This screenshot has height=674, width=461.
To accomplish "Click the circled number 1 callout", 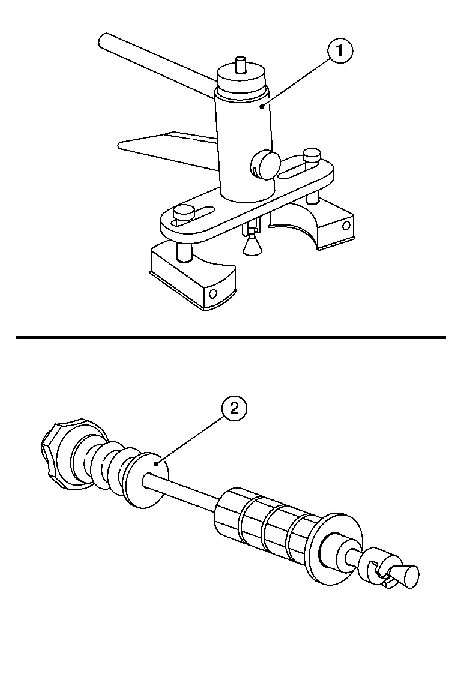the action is pos(340,51).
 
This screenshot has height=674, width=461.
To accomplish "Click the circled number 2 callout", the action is pos(234,408).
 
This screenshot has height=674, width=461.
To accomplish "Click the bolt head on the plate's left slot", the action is pos(182,213).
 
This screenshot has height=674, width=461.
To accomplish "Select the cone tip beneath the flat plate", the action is pos(252,248).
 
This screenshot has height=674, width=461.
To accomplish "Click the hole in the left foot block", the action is pos(212,294).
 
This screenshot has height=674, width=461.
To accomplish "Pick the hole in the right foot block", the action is pos(346,226).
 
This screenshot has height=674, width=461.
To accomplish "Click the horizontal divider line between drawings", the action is pos(230,337).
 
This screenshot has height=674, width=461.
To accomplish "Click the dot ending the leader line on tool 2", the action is pos(157,463).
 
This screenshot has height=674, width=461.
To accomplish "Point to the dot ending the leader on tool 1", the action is pos(262,106).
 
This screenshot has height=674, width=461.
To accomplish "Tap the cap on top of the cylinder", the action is pos(241,80).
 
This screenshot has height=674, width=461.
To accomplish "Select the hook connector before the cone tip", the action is pos(377,569).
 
